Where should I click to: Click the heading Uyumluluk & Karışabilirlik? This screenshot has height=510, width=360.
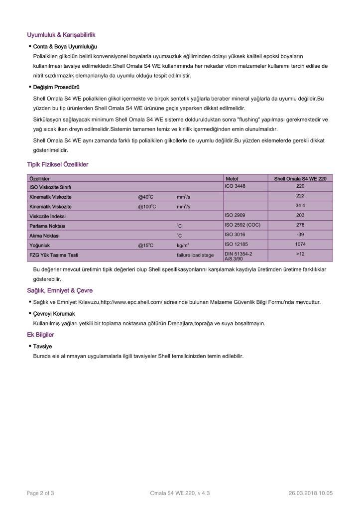coord(61,35)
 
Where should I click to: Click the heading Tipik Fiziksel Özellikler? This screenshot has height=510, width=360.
coord(58,164)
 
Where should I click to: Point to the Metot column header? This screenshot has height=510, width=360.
coord(232,178)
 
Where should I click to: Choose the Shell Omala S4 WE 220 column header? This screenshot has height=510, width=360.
coord(300,178)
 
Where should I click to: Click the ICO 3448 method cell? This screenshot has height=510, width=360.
coord(235,186)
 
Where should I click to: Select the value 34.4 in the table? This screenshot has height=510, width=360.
coord(300,205)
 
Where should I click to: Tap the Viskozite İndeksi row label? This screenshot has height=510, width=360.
coord(47,216)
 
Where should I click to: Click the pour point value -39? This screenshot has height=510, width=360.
coord(300,234)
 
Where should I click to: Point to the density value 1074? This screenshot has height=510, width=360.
coord(300,244)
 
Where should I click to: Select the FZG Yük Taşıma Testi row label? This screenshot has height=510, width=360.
coord(54,255)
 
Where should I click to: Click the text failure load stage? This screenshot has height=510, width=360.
coord(195,255)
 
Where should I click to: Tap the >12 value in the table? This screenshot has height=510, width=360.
coord(300,254)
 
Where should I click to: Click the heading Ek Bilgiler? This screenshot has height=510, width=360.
coord(40,335)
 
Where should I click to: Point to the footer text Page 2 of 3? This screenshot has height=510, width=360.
coord(40,493)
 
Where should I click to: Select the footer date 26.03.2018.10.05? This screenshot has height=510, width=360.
coord(310,493)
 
